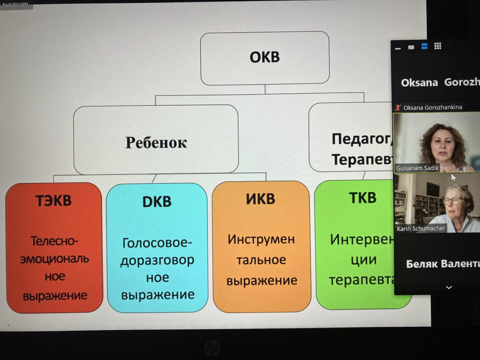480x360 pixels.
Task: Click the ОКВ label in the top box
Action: [265, 57]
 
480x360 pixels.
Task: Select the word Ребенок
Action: [156, 143]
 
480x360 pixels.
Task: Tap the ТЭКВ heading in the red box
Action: [53, 201]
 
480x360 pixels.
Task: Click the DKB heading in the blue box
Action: [157, 202]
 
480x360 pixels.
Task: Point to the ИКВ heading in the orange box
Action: [261, 199]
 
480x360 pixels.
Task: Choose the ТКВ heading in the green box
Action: [363, 198]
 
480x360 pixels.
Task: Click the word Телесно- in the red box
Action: [54, 241]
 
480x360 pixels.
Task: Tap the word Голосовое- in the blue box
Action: [157, 243]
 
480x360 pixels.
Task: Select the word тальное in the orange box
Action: [261, 260]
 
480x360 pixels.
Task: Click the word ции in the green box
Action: [363, 260]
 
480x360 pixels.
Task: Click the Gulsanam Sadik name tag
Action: [417, 168]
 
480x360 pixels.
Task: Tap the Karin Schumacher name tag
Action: [421, 228]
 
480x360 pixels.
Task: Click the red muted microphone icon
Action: [398, 107]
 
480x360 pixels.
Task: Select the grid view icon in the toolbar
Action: [438, 46]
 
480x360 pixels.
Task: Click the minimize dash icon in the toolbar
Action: [398, 49]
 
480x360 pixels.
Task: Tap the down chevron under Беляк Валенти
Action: [449, 287]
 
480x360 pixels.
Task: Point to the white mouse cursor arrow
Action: [453, 177]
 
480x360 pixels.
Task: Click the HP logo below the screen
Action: [212, 348]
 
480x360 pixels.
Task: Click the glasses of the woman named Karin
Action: [454, 200]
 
